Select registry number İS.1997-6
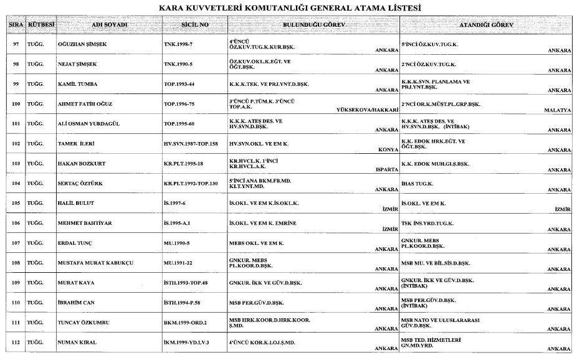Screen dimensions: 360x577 coord(178,204)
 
